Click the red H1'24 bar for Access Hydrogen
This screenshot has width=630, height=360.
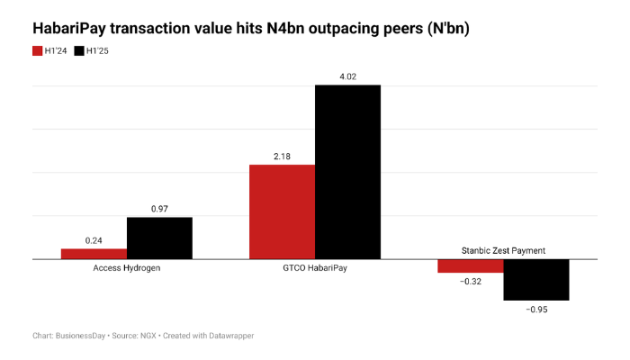[94, 254]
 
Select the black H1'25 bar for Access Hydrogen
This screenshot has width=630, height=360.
[159, 238]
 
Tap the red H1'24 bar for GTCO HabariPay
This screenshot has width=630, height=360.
[282, 211]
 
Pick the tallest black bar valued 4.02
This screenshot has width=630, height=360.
[347, 171]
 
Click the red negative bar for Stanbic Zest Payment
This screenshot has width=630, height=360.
[470, 265]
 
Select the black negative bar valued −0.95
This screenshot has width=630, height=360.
[535, 279]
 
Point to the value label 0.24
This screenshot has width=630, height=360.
[94, 240]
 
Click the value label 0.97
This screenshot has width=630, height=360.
[159, 209]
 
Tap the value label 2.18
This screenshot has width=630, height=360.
[282, 157]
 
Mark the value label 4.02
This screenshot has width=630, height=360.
[347, 76]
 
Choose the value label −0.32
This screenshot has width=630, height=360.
[470, 282]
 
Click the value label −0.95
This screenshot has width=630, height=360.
[535, 310]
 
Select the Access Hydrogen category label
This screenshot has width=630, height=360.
[127, 268]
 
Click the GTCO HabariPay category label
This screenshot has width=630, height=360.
[315, 268]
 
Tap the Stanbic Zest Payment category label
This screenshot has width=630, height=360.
[502, 249]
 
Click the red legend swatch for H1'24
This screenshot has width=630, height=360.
[38, 50]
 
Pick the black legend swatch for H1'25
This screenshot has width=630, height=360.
[79, 50]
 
